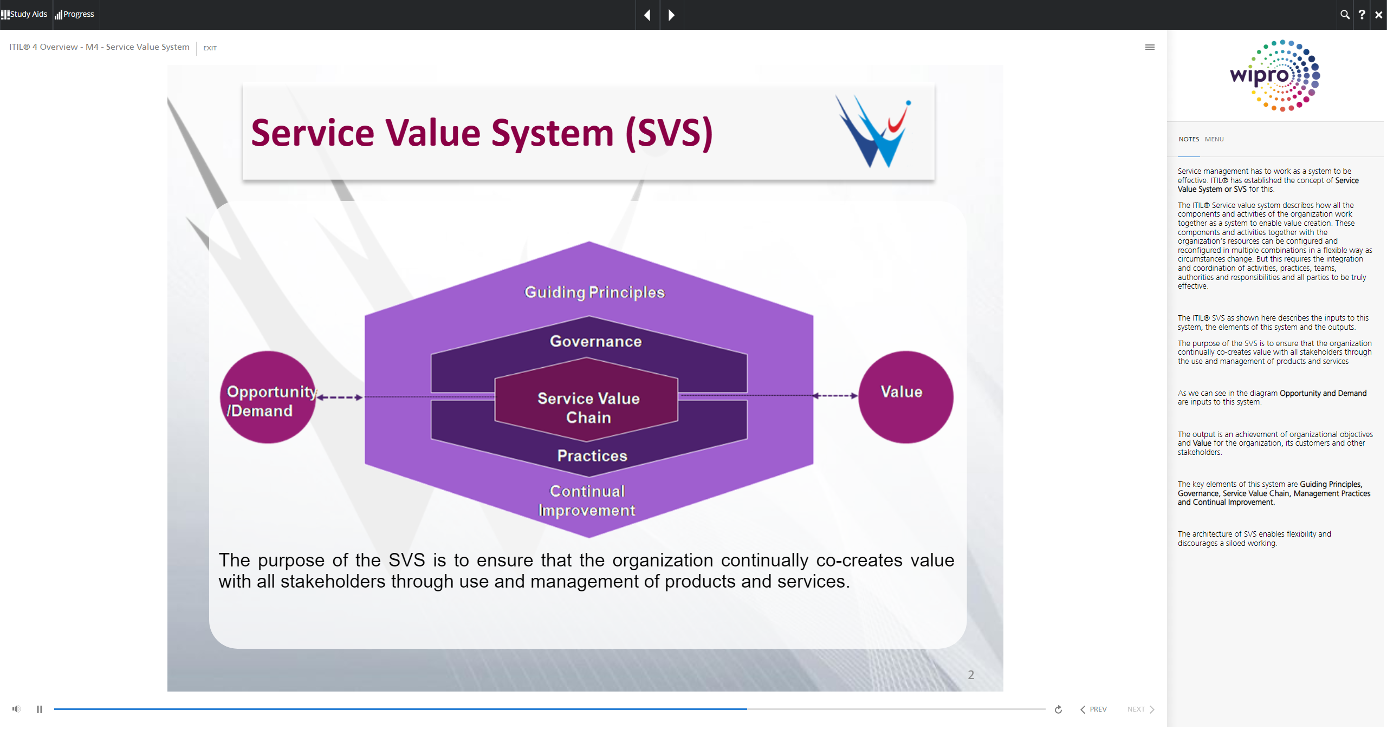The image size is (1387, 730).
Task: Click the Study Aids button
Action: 24,14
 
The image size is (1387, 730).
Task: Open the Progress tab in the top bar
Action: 75,14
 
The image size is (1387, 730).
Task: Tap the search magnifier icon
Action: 1345,15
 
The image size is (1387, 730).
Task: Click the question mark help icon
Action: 1362,15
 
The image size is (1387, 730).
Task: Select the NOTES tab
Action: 1189,139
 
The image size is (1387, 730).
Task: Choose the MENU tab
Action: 1214,139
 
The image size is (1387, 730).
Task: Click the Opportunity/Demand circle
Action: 268,397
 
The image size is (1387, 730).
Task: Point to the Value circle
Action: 906,397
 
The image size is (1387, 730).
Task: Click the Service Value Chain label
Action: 588,408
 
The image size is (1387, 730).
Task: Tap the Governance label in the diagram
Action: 595,341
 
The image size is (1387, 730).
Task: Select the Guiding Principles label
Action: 594,292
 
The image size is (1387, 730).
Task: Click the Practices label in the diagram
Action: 592,455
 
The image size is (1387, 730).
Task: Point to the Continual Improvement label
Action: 587,500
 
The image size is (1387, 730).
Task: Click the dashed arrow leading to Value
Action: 835,396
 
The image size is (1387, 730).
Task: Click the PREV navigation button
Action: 1093,709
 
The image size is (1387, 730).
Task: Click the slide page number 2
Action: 971,675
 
